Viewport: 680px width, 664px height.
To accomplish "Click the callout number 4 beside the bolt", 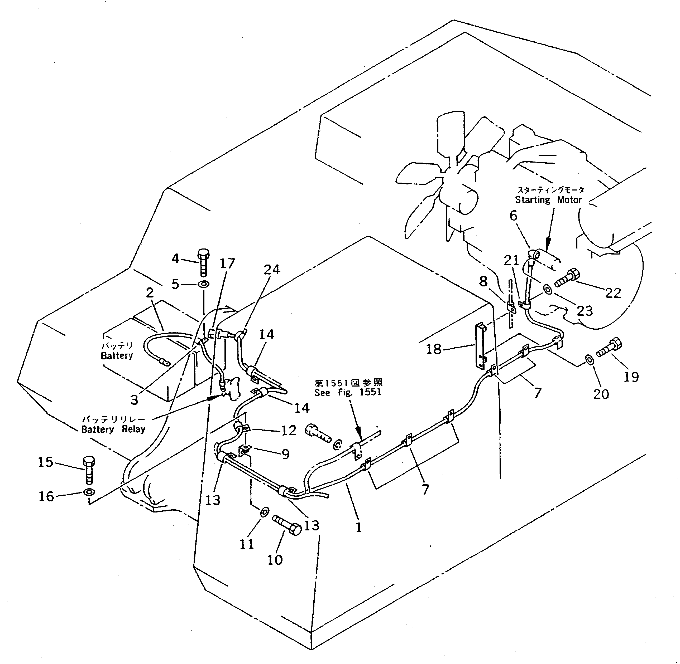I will coord(175,259).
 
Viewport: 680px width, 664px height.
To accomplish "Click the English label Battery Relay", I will coord(113,429).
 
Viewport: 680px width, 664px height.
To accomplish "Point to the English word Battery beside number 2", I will coord(117,355).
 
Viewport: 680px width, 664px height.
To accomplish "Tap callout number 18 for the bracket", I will coord(434,349).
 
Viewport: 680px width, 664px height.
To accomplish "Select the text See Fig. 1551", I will coord(347,392).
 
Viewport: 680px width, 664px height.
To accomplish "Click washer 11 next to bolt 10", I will coord(265,512).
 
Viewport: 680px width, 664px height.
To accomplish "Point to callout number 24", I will coord(272,269).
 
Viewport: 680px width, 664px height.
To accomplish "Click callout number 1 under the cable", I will coord(358,527).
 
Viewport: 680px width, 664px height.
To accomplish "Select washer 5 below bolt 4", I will coord(204,284).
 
